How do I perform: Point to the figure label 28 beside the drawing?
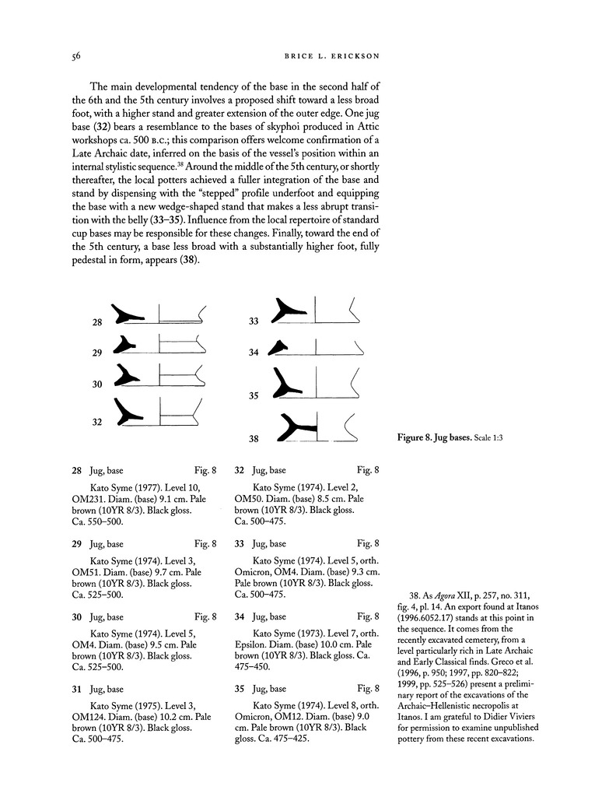[97, 321]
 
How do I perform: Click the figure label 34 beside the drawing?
[253, 353]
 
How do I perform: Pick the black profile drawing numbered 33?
[287, 314]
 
